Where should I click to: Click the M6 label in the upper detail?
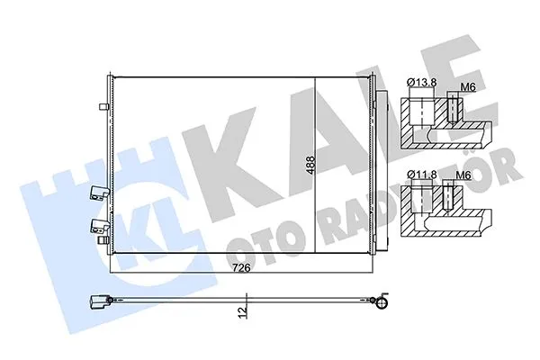[467, 86]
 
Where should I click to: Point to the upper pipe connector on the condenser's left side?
[97, 192]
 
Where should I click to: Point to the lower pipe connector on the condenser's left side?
[97, 225]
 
